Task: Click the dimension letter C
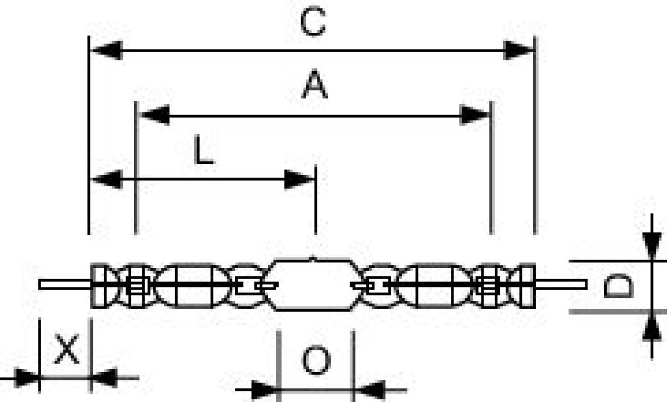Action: [313, 22]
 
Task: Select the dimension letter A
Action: [315, 83]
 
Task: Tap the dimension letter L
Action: [203, 150]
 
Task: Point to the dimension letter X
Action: [66, 349]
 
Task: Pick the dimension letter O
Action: [316, 360]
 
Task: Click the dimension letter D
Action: [618, 286]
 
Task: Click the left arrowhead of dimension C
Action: [107, 51]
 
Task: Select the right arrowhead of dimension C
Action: [518, 51]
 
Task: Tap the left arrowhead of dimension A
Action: [155, 115]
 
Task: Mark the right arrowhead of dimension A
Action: [474, 115]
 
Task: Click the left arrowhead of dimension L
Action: [107, 179]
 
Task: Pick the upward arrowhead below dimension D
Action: [652, 327]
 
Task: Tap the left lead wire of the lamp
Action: [64, 285]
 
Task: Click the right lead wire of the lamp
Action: [561, 285]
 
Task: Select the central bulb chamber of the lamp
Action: [313, 285]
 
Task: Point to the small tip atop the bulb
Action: [312, 258]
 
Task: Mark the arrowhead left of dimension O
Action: [265, 389]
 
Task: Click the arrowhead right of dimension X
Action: [104, 378]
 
